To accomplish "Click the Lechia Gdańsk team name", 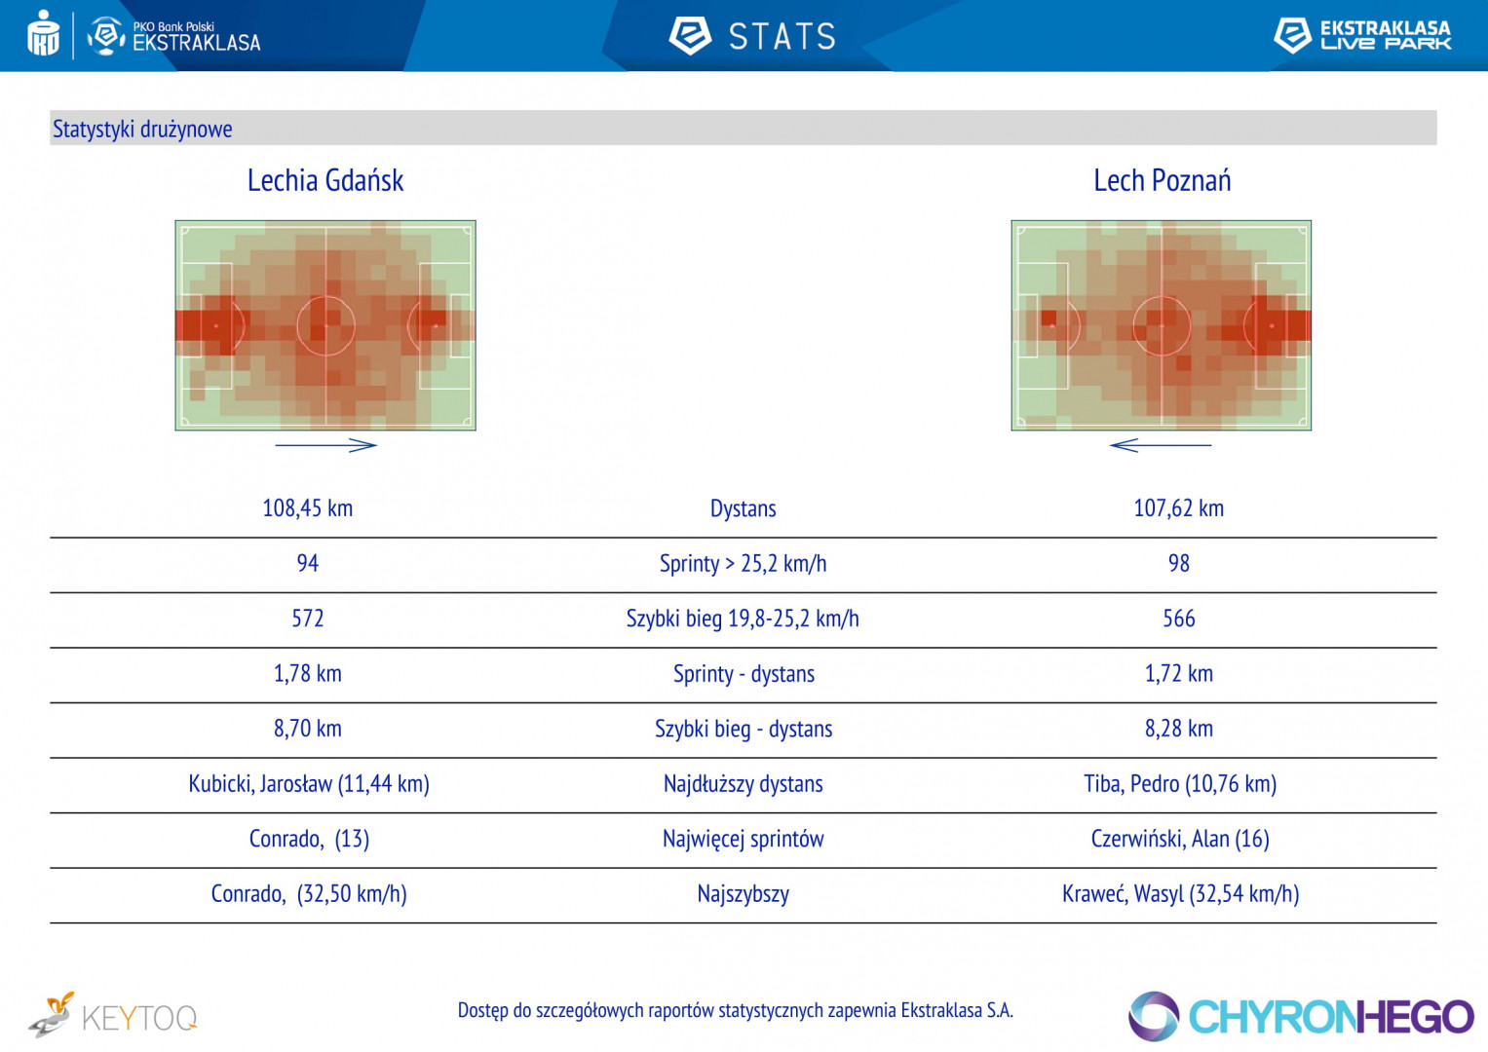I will (x=324, y=181).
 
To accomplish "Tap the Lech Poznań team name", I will (x=1162, y=181).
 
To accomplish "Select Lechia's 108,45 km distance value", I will (x=307, y=508).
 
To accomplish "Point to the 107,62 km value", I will (x=1178, y=508).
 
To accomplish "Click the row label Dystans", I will (x=743, y=508).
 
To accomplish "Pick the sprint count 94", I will (x=307, y=563).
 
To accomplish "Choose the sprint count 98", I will (x=1178, y=563).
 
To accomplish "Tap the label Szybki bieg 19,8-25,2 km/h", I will (x=743, y=619).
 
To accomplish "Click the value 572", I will (x=307, y=619).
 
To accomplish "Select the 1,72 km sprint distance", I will (x=1178, y=673).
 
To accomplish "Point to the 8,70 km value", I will (x=307, y=729).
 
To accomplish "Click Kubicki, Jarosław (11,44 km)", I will (x=309, y=784).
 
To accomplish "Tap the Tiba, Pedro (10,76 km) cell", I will (x=1179, y=784).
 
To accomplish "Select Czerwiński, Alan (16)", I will (x=1179, y=839).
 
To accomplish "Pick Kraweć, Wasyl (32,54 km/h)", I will (x=1180, y=894).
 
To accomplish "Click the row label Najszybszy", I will (x=743, y=894).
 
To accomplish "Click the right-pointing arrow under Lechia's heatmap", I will (x=326, y=445).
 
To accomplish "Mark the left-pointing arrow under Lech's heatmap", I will (x=1160, y=445).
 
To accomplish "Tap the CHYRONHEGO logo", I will (x=1301, y=1017).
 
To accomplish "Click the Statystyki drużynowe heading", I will (x=142, y=129).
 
